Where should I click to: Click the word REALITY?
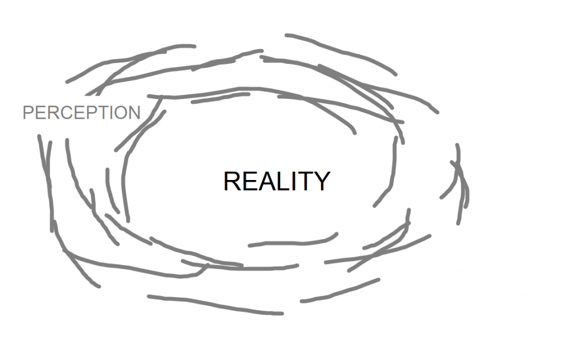pos(276,181)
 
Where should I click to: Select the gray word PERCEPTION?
pos(82,113)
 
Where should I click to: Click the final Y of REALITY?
pos(321,181)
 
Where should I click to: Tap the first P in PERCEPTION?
pos(28,113)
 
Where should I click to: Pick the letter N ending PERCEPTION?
pos(134,113)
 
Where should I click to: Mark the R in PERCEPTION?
pos(52,113)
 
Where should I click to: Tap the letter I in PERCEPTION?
pos(108,113)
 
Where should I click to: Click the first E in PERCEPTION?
pos(40,113)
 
